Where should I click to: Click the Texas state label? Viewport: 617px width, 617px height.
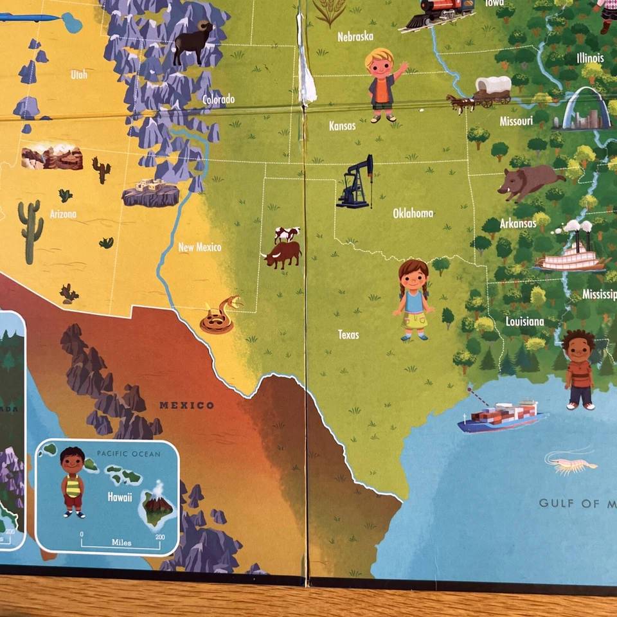pos(348,334)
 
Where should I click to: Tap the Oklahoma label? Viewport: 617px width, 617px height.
pos(413,213)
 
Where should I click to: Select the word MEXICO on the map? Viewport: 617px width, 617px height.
pos(186,405)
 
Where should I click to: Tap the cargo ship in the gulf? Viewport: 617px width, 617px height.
pos(500,416)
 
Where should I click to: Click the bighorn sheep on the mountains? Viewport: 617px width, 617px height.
pos(193,42)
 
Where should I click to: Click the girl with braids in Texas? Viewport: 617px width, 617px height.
pos(413,299)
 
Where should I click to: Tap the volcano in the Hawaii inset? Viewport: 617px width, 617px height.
pos(156,508)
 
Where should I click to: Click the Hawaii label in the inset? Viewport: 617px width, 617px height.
pos(120,497)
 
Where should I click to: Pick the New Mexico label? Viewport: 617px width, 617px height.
pos(199,247)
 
